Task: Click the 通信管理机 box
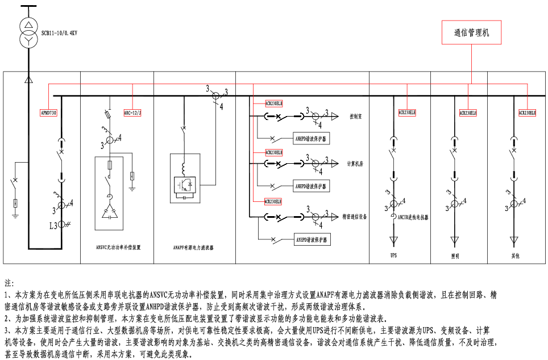pyautogui.click(x=472, y=32)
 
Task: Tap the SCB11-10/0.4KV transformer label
pyautogui.click(x=59, y=34)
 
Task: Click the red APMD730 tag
pyautogui.click(x=49, y=113)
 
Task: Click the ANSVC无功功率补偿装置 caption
pyautogui.click(x=118, y=247)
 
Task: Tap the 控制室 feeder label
pyautogui.click(x=356, y=116)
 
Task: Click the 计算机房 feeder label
pyautogui.click(x=355, y=164)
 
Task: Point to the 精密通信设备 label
pyautogui.click(x=355, y=217)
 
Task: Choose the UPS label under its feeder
pyautogui.click(x=393, y=255)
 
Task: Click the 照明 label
pyautogui.click(x=455, y=256)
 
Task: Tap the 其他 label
pyautogui.click(x=514, y=256)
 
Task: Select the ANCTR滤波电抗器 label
pyautogui.click(x=413, y=217)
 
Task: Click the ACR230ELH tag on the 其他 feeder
pyautogui.click(x=527, y=113)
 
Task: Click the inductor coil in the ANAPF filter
pyautogui.click(x=184, y=169)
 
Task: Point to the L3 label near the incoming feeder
pyautogui.click(x=53, y=226)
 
